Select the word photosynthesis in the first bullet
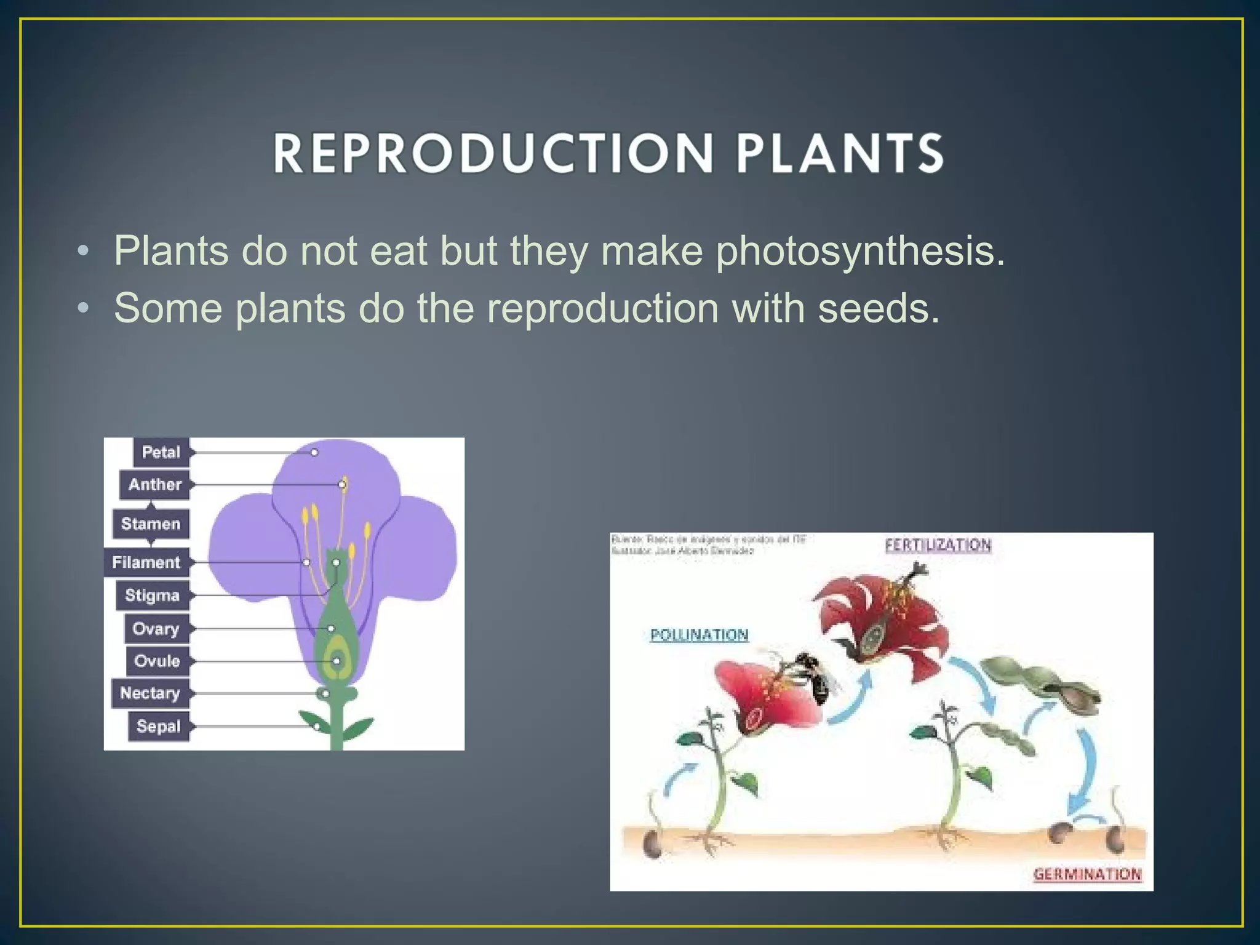pyautogui.click(x=861, y=252)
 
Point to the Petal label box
pyautogui.click(x=161, y=452)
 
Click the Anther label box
pyautogui.click(x=154, y=485)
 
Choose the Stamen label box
pyautogui.click(x=151, y=524)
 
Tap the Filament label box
pyautogui.click(x=146, y=562)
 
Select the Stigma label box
pyautogui.click(x=152, y=596)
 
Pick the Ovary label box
pyautogui.click(x=156, y=629)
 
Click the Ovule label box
pyautogui.click(x=157, y=661)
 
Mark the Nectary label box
pyautogui.click(x=150, y=693)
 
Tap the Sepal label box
pyautogui.click(x=159, y=727)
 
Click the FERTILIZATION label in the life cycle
pyautogui.click(x=938, y=545)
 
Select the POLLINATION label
pyautogui.click(x=700, y=635)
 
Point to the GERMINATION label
pyautogui.click(x=1087, y=874)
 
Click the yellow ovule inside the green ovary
pyautogui.click(x=337, y=660)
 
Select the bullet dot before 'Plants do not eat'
pyautogui.click(x=84, y=252)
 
